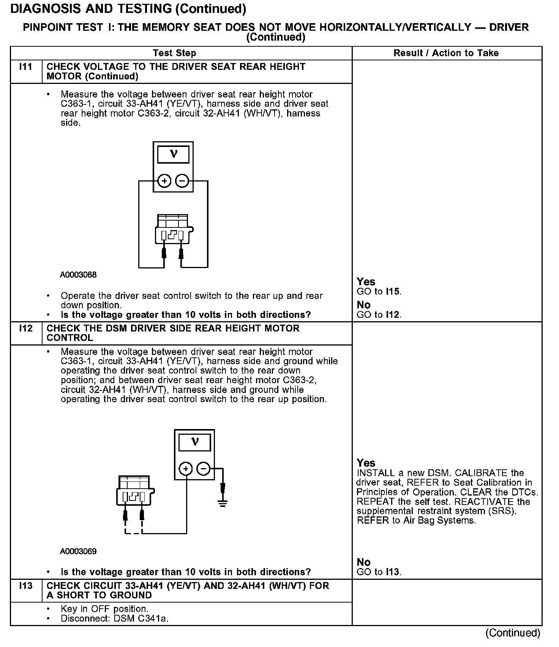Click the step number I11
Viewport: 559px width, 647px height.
point(25,67)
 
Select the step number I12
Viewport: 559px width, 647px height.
point(25,328)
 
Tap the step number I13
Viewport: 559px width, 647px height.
point(25,586)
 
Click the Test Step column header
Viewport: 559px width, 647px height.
point(174,53)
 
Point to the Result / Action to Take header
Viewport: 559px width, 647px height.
point(446,53)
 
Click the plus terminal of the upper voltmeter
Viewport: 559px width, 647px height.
point(164,181)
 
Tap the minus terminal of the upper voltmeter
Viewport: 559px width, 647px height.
point(182,181)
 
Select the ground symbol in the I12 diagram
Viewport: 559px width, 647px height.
point(223,503)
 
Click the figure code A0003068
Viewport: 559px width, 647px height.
point(78,275)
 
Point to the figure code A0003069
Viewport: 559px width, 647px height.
point(78,551)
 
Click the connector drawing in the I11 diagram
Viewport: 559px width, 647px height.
point(173,230)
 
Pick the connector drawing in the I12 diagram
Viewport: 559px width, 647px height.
point(134,491)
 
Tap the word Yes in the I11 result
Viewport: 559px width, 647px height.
point(366,282)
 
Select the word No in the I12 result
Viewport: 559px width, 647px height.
point(363,562)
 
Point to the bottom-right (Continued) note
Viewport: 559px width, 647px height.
point(513,633)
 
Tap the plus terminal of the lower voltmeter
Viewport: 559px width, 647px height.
point(186,469)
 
